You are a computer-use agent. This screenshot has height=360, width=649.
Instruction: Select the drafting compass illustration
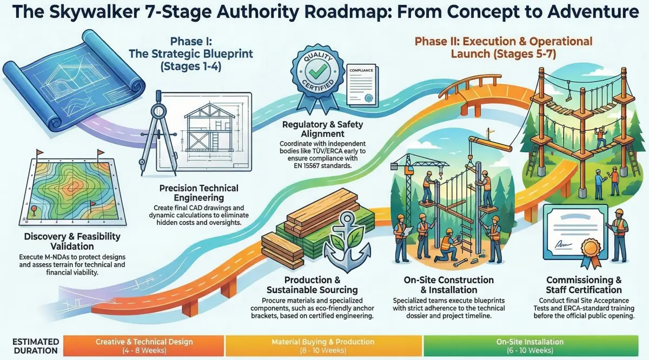158,130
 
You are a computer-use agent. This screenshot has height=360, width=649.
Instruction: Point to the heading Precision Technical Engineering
199,194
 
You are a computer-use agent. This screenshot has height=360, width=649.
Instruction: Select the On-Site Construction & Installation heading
449,285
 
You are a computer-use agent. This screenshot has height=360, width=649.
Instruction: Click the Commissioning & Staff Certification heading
584,285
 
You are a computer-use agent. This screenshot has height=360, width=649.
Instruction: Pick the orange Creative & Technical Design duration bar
143,346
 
